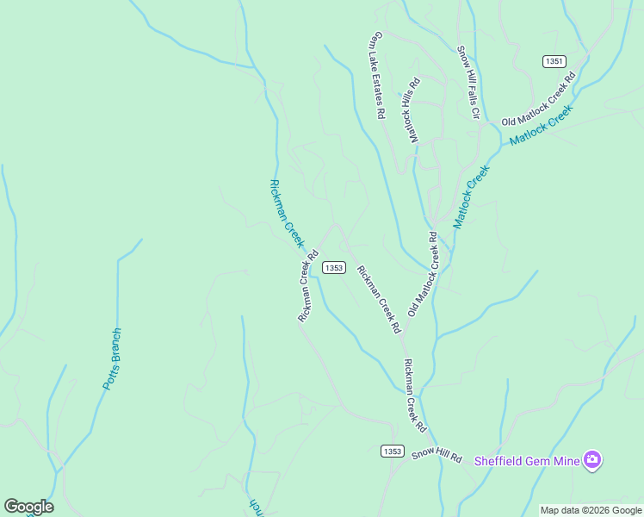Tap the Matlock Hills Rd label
(x=412, y=110)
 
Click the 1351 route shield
(x=554, y=61)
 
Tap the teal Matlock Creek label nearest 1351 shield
(x=541, y=126)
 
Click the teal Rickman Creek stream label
(x=287, y=213)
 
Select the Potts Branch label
(x=113, y=358)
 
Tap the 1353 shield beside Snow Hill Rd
(x=392, y=452)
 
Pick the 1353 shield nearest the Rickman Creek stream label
(x=334, y=268)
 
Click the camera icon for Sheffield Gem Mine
(x=591, y=460)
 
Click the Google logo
(x=28, y=507)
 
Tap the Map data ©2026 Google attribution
(x=591, y=510)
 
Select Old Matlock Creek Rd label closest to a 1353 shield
(x=429, y=274)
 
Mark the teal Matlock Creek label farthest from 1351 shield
(x=471, y=197)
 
